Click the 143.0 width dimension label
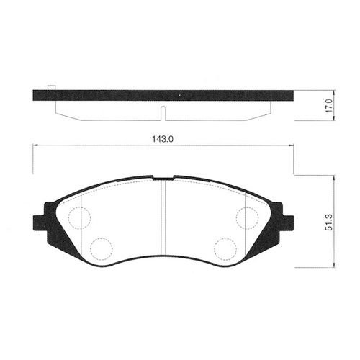pyautogui.click(x=163, y=139)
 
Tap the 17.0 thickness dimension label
pyautogui.click(x=329, y=106)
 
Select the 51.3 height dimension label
pyautogui.click(x=329, y=222)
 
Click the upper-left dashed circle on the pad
pyautogui.click(x=79, y=218)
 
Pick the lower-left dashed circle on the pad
pyautogui.click(x=102, y=249)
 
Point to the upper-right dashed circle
pyautogui.click(x=247, y=218)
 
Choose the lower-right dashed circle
pyautogui.click(x=225, y=249)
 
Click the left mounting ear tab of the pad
pyautogui.click(x=39, y=223)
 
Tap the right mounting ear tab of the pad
pyautogui.click(x=287, y=223)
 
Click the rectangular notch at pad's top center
pyautogui.click(x=163, y=178)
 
